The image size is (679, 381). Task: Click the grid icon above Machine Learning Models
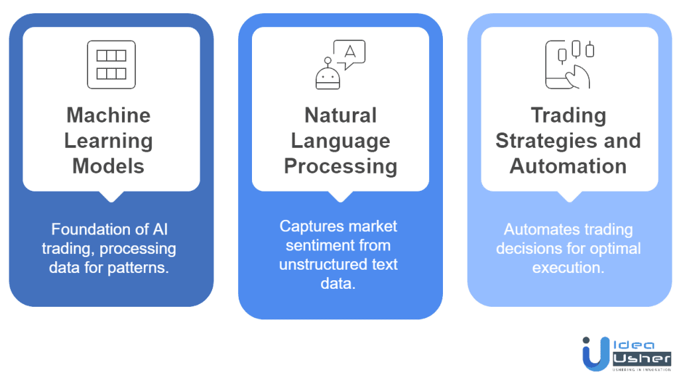pyautogui.click(x=111, y=64)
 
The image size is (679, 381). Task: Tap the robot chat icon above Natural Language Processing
pyautogui.click(x=339, y=65)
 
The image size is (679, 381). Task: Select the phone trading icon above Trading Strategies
pyautogui.click(x=569, y=64)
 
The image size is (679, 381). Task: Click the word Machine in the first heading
pyautogui.click(x=108, y=116)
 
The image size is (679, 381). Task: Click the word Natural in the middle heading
pyautogui.click(x=340, y=116)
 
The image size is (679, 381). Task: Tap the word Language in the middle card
pyautogui.click(x=340, y=140)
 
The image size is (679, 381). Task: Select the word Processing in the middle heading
pyautogui.click(x=340, y=165)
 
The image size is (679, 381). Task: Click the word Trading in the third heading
pyautogui.click(x=568, y=116)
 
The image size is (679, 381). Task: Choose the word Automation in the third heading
pyautogui.click(x=568, y=165)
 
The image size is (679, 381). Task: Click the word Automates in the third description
pyautogui.click(x=536, y=230)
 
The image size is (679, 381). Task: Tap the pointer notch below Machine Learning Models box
pyautogui.click(x=111, y=195)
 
